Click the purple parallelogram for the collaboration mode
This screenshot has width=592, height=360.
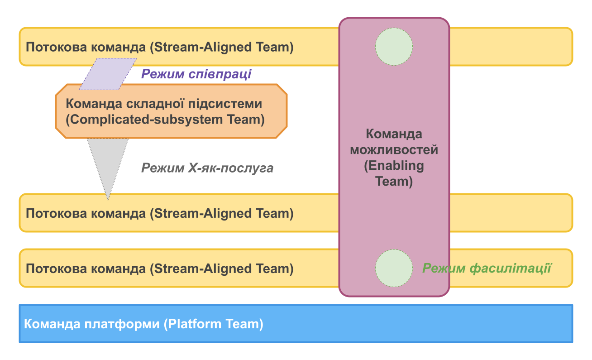point(108,74)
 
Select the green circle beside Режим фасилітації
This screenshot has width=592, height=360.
point(394,268)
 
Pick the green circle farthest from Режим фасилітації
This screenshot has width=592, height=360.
point(394,46)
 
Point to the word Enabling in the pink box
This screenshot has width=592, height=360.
point(394,166)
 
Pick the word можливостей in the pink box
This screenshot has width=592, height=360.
point(394,150)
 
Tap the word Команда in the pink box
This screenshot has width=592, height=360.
point(394,134)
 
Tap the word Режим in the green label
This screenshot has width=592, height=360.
point(444,269)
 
